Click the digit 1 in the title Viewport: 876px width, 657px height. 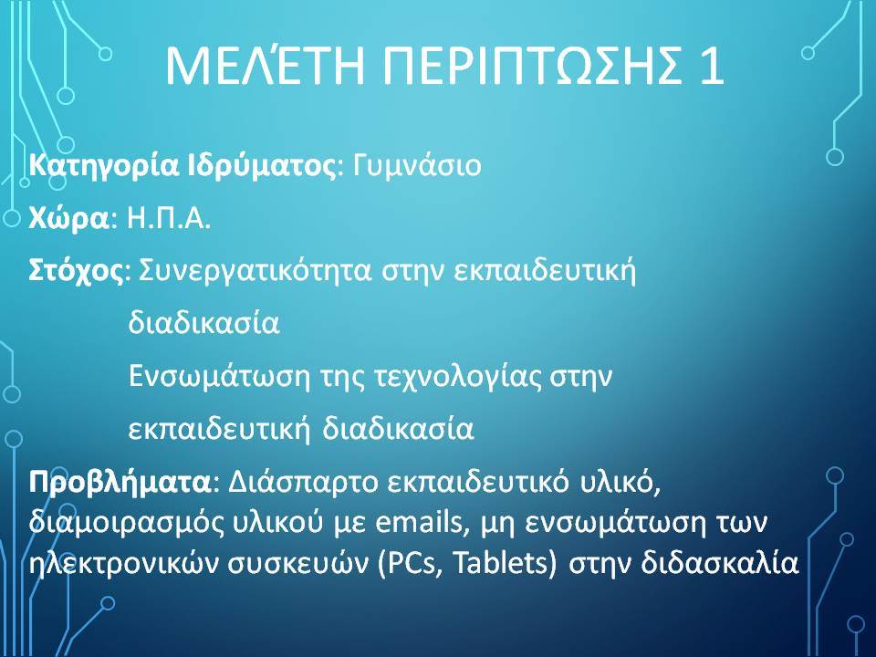pos(711,66)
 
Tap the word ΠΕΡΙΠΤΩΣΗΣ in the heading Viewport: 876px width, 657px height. pos(532,66)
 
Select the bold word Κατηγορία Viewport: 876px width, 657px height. pos(104,166)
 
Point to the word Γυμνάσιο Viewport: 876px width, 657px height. pos(417,166)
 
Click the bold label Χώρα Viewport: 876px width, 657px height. pos(68,218)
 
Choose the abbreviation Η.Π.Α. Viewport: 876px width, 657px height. pos(169,218)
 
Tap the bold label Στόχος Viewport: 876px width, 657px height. pos(76,271)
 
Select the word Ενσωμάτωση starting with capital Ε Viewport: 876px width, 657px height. pos(219,376)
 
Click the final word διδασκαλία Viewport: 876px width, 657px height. pos(720,563)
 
